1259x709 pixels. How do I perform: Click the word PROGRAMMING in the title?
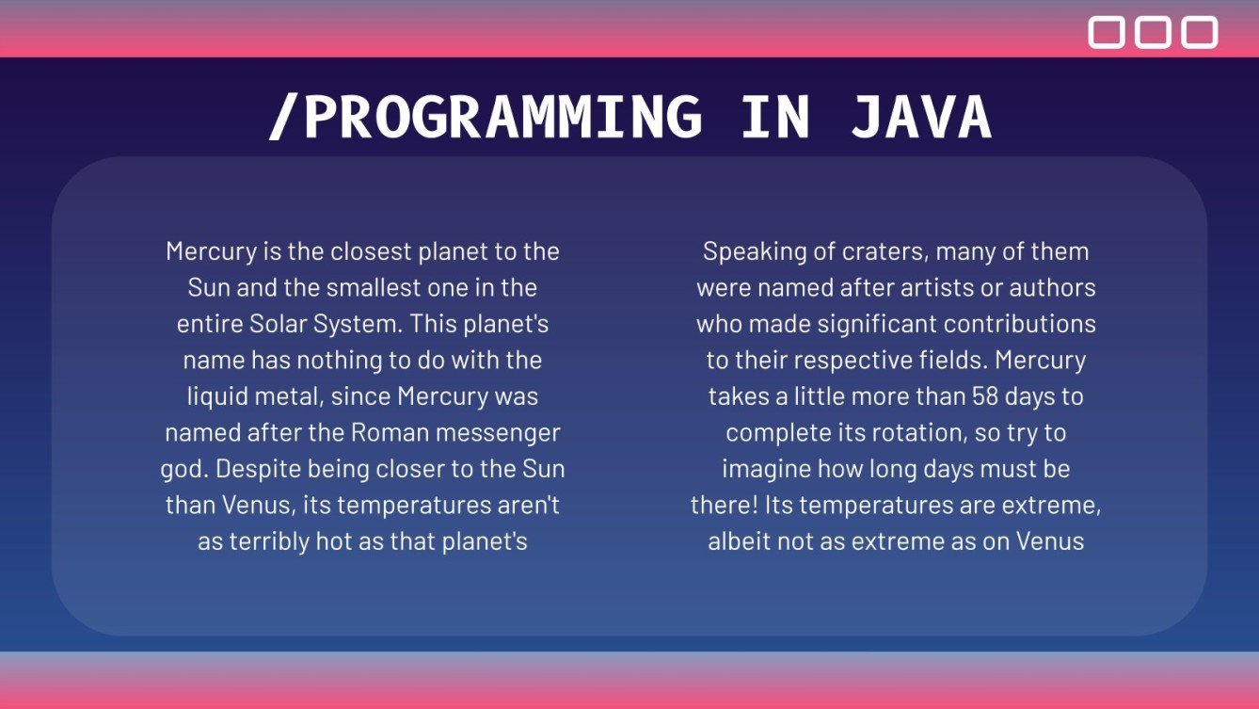[x=502, y=118]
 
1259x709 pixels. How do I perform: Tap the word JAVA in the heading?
[x=921, y=118]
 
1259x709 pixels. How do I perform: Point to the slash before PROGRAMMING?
[x=283, y=118]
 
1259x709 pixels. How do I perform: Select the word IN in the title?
[x=774, y=118]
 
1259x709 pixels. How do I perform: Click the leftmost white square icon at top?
[x=1107, y=32]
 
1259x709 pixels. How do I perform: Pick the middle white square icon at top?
[x=1153, y=32]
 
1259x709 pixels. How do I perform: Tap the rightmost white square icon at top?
[x=1200, y=32]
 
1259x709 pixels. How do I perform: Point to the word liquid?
[x=216, y=396]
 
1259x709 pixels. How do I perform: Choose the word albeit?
[x=739, y=541]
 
